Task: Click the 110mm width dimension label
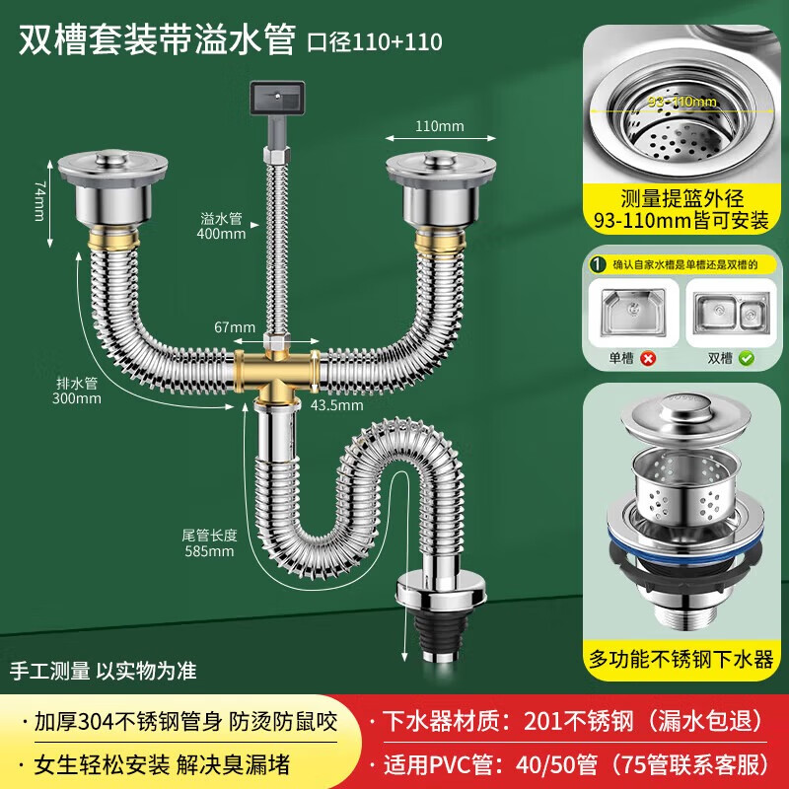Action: [x=439, y=126]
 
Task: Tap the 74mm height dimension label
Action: [x=39, y=201]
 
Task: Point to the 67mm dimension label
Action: [x=235, y=327]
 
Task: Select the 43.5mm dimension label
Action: [x=336, y=405]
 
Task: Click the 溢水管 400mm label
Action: [x=221, y=226]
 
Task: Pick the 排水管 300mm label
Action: [x=77, y=391]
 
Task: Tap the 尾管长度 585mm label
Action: [x=209, y=543]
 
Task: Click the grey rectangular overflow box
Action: [x=277, y=98]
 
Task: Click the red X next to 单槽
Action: [x=649, y=358]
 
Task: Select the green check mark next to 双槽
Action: [x=747, y=358]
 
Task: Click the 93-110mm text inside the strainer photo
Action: [x=681, y=102]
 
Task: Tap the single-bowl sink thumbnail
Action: [x=633, y=313]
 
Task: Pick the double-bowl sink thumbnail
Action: [x=733, y=313]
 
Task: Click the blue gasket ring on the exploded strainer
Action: [x=683, y=539]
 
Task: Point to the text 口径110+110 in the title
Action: [x=375, y=42]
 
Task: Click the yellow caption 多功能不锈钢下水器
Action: [x=681, y=659]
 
